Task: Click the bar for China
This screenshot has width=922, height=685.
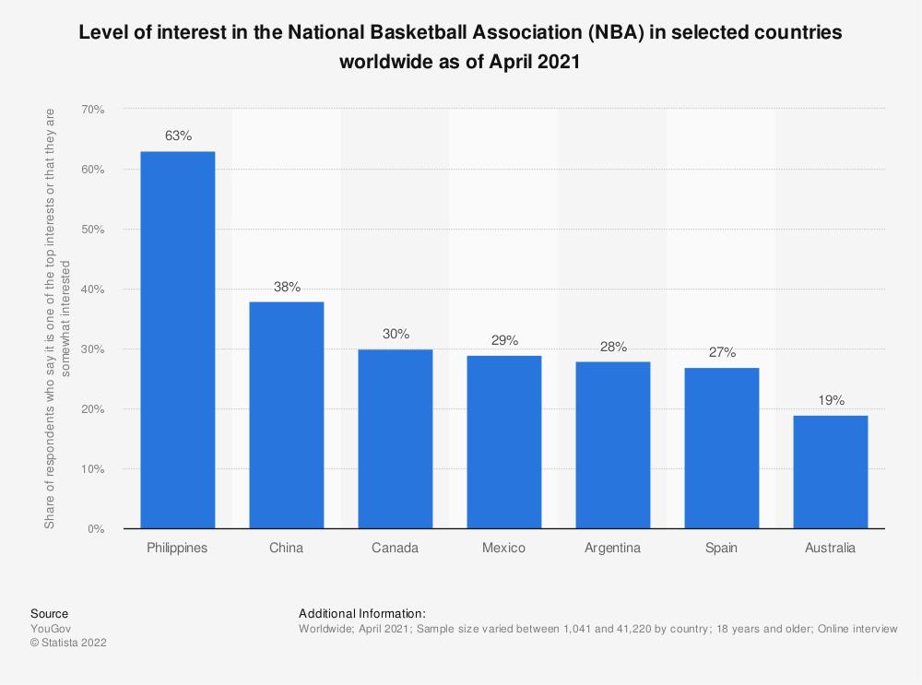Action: tap(286, 415)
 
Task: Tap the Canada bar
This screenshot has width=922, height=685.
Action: tap(395, 439)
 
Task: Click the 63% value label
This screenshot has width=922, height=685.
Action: tap(178, 136)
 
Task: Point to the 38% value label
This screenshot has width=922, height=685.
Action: tap(287, 287)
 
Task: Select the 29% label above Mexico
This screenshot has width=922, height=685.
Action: tap(504, 341)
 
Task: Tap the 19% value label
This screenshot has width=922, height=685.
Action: tap(830, 401)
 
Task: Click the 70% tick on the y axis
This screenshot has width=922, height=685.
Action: tap(92, 109)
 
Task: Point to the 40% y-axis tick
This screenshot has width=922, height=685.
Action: tap(92, 289)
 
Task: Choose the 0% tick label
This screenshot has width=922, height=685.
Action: tap(96, 529)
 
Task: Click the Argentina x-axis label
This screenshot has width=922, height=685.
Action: tap(612, 548)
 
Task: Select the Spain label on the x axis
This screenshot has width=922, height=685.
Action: tap(721, 548)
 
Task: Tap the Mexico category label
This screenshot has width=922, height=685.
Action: tap(503, 548)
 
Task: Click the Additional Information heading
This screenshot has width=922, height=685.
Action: tap(361, 613)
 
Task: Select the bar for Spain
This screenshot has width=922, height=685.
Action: tap(721, 448)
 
